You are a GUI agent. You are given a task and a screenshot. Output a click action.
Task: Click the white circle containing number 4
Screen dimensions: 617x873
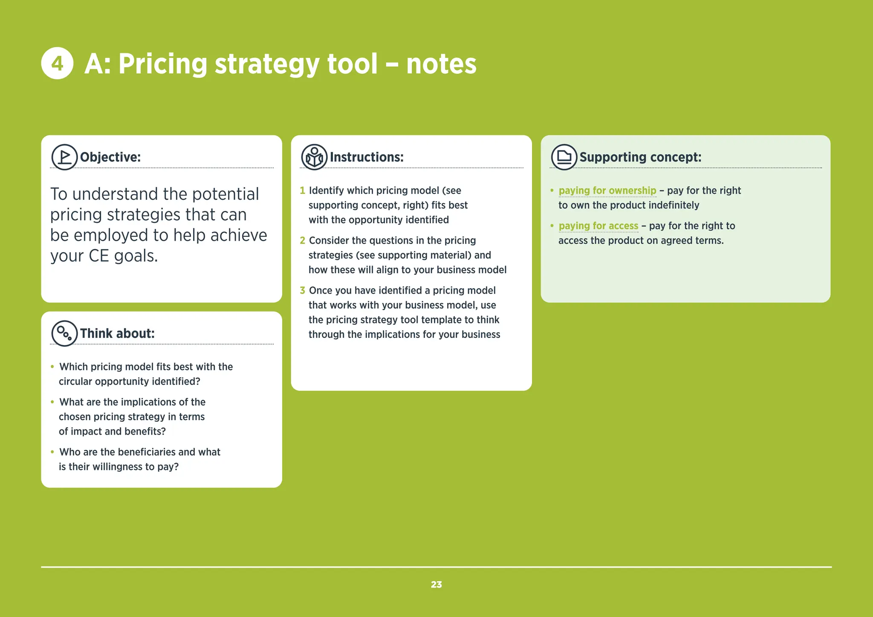coord(57,63)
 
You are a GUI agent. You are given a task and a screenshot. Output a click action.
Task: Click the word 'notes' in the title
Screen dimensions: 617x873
coord(441,64)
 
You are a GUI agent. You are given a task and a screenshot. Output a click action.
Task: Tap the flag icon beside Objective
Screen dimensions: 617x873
coord(64,157)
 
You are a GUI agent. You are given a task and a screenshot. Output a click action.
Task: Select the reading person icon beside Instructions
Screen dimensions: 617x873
coord(314,157)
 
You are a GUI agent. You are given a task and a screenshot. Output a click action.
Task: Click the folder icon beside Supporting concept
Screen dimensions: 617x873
coord(564,157)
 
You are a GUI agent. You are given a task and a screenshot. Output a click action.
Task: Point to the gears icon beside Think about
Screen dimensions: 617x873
coord(64,333)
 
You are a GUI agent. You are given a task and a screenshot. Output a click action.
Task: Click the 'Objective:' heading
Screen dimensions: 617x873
coord(110,157)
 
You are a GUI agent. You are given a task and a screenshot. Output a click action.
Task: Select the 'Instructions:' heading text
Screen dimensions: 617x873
coord(367,157)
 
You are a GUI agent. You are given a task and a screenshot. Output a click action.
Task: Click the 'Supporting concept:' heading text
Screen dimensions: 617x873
coord(640,157)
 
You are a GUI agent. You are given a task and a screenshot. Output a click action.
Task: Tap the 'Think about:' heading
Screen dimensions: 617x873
coord(117,334)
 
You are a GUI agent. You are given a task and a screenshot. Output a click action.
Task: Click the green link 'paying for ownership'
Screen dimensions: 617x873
coord(607,190)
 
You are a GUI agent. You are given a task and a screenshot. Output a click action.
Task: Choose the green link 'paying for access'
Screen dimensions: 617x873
coord(598,226)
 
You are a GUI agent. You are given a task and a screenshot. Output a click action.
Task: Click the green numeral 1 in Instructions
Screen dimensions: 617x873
coord(302,190)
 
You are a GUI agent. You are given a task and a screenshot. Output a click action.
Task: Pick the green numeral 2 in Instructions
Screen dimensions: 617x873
coord(302,240)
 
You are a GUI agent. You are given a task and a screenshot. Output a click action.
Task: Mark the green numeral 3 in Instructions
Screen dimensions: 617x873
coord(302,290)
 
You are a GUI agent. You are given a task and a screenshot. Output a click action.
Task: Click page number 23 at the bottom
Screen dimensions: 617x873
coord(436,585)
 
